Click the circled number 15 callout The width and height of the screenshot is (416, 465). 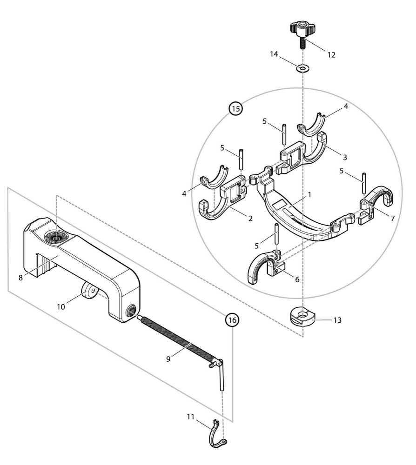pyautogui.click(x=235, y=109)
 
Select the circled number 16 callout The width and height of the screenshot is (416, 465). pyautogui.click(x=232, y=320)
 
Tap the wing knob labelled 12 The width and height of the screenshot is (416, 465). pyautogui.click(x=301, y=31)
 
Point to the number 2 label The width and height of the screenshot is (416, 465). pyautogui.click(x=250, y=218)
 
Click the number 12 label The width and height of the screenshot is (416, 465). pyautogui.click(x=331, y=54)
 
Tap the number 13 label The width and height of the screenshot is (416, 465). pyautogui.click(x=337, y=320)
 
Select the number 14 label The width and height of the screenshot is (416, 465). pyautogui.click(x=274, y=54)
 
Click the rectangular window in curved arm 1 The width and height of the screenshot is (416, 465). pyautogui.click(x=280, y=204)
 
